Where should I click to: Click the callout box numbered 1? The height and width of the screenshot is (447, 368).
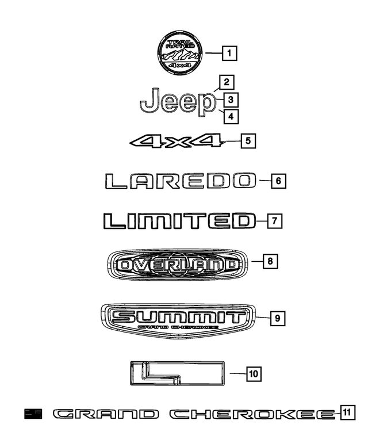click(229, 53)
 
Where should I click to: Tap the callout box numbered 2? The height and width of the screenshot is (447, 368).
click(227, 82)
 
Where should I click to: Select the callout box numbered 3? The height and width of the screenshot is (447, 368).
click(231, 100)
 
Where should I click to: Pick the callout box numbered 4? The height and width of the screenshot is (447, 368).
click(231, 116)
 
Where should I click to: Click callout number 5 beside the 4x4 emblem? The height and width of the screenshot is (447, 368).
click(248, 141)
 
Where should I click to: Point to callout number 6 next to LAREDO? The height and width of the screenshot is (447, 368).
click(278, 181)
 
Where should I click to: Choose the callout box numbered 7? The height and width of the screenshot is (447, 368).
click(275, 221)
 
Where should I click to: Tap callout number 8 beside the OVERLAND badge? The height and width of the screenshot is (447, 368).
click(270, 261)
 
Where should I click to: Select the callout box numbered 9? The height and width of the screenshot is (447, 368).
click(278, 318)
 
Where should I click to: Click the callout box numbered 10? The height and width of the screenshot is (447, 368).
click(254, 374)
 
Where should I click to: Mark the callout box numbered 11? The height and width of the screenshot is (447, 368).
click(347, 412)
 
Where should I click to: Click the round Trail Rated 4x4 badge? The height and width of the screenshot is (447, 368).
click(179, 53)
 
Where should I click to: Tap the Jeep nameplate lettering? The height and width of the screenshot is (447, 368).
click(178, 102)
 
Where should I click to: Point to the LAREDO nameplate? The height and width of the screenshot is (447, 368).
click(181, 181)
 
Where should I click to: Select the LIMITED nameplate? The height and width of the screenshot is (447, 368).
click(179, 221)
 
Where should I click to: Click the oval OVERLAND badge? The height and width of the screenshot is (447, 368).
click(177, 264)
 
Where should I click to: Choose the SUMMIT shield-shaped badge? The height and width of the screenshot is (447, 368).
click(178, 321)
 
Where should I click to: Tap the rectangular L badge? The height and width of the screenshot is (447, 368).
click(178, 373)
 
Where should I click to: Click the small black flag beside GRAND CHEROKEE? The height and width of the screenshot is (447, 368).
click(33, 414)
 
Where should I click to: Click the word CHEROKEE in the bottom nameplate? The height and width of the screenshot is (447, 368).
click(252, 414)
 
